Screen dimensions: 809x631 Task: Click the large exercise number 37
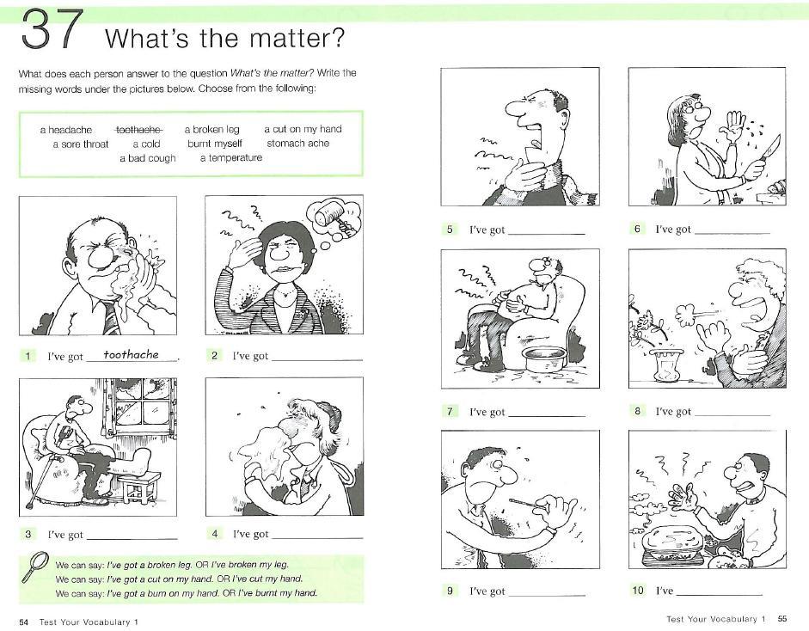(52, 29)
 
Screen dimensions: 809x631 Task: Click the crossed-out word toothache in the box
(138, 130)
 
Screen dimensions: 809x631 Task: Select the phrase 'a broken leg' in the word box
(212, 130)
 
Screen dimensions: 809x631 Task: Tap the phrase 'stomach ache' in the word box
(297, 144)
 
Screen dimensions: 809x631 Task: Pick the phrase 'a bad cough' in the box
(148, 158)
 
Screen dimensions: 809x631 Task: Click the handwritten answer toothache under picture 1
(131, 354)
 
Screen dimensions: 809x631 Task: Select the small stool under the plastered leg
(141, 487)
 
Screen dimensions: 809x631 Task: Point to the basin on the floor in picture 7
(543, 358)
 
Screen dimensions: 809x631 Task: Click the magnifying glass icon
(35, 566)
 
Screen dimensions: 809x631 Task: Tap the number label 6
(637, 229)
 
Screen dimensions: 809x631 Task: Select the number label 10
(638, 591)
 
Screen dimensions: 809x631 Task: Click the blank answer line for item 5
(547, 234)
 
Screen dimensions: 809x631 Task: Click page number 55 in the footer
(782, 619)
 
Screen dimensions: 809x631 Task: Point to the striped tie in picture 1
(110, 317)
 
